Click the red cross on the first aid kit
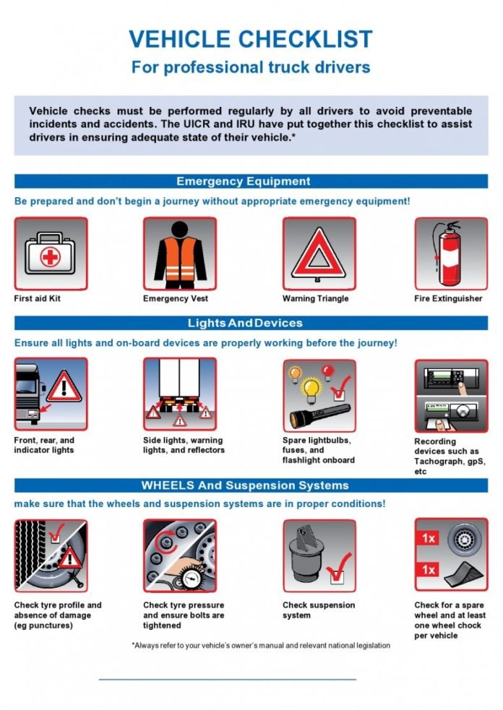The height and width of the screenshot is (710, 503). pos(48,258)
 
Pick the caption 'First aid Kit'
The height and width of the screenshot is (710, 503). pos(38,298)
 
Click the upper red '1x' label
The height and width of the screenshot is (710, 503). pos(429,538)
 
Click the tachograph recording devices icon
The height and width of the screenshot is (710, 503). pos(450,395)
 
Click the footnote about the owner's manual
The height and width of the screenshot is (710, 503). pos(261,645)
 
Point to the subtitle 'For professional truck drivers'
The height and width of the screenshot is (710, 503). pos(251,67)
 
